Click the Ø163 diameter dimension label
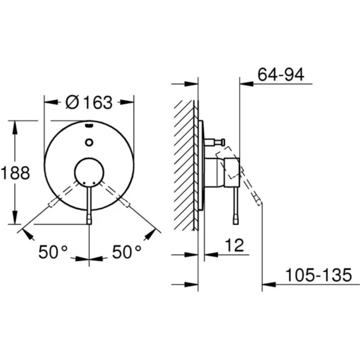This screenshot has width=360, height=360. click(x=89, y=103)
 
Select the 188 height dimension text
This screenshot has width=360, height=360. click(x=15, y=172)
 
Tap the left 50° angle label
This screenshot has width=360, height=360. click(x=53, y=252)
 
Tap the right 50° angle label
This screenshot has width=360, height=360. click(x=127, y=252)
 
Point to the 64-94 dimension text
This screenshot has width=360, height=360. click(x=281, y=74)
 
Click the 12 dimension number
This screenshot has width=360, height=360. click(x=234, y=245)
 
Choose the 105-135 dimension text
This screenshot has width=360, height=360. click(x=318, y=275)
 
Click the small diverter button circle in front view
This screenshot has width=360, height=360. click(x=89, y=143)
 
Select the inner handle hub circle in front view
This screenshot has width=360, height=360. click(x=89, y=172)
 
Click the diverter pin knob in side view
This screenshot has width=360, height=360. click(x=222, y=142)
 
